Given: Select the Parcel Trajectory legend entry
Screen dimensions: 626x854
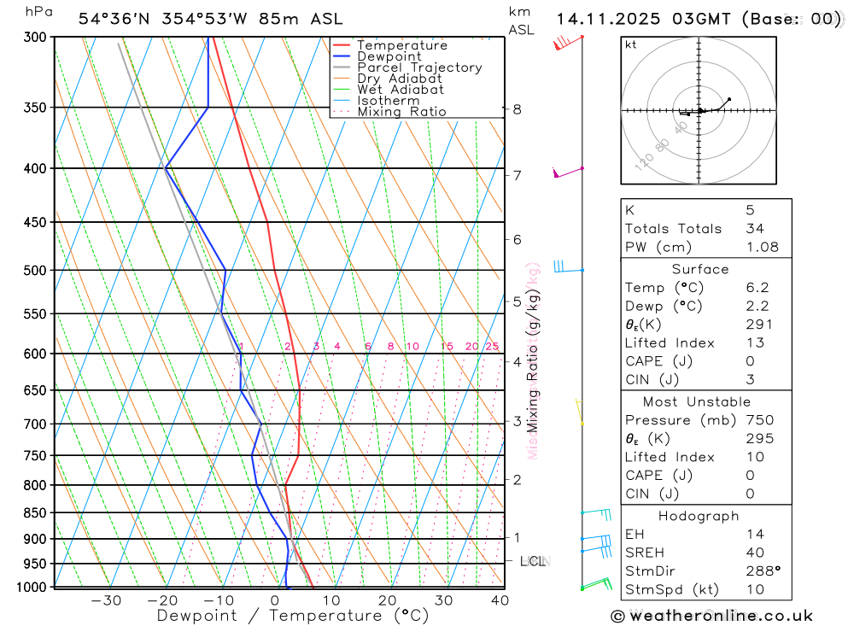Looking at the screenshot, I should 419,67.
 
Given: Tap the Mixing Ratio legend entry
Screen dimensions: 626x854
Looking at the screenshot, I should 401,111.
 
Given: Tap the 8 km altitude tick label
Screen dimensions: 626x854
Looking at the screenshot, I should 518,109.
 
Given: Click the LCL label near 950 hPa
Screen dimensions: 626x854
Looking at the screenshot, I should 532,561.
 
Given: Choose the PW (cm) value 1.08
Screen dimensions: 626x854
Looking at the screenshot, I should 762,247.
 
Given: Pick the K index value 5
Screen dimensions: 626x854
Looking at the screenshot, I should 750,209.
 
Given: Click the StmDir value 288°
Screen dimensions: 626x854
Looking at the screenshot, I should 762,570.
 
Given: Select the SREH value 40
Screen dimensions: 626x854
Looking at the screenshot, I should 755,553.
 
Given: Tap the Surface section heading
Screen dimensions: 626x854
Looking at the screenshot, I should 700,269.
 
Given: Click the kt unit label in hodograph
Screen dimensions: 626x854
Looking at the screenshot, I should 631,44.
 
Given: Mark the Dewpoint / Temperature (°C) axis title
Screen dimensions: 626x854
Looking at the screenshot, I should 293,615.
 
